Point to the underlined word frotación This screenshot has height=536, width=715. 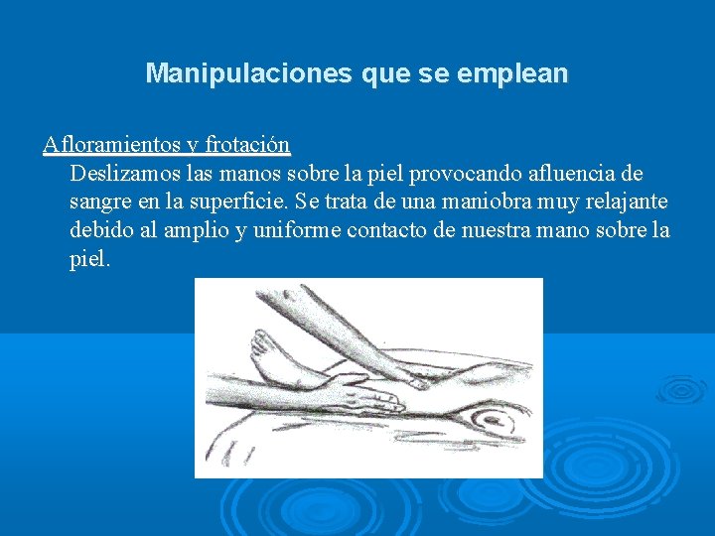coord(247,145)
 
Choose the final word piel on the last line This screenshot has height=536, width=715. coord(89,260)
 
